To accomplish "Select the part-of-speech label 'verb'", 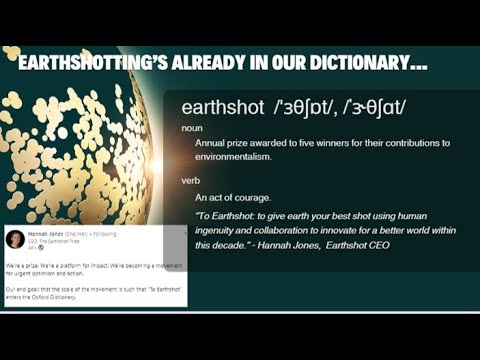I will coord(190,180).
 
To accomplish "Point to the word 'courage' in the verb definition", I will coord(262,197).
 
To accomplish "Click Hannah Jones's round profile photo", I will coord(15,239).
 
